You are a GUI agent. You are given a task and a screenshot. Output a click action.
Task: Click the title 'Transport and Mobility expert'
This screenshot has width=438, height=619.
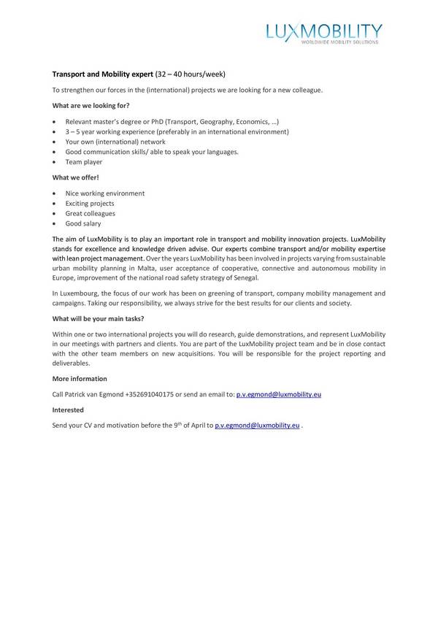point(103,74)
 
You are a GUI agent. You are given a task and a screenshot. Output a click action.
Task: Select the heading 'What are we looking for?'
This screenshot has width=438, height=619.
point(91,105)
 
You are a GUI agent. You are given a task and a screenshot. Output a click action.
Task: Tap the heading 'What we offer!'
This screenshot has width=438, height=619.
point(76,177)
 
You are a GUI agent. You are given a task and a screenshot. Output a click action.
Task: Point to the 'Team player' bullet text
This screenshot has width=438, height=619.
point(84,162)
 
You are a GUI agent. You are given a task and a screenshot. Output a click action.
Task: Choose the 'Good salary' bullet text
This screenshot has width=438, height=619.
point(83,223)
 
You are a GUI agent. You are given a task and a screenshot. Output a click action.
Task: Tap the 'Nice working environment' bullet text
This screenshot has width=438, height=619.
point(105,193)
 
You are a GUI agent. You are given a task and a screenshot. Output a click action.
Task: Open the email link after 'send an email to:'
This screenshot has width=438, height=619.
point(279,394)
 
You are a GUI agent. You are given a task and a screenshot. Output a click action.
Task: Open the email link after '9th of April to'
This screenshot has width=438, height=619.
point(258,425)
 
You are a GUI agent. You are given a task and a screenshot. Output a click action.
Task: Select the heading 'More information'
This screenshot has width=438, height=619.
point(80,379)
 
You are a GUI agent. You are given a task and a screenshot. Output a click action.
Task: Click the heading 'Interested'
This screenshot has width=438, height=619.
point(68,410)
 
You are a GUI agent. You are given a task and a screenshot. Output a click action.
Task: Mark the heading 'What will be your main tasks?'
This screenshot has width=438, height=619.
point(98,318)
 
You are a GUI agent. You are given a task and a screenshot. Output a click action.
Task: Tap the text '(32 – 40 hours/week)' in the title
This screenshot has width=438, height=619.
point(190,74)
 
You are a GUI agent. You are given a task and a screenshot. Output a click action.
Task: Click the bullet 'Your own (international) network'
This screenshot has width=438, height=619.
point(115,142)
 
